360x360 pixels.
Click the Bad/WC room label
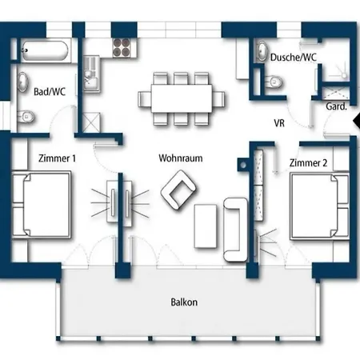(50, 92)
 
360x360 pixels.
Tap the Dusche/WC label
(294, 58)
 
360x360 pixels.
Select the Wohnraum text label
(181, 158)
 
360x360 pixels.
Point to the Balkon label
(184, 302)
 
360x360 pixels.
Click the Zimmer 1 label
(57, 158)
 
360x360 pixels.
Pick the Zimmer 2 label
(308, 162)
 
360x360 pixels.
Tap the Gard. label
(337, 106)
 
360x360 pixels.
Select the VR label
(279, 123)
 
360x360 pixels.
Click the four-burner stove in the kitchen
(122, 48)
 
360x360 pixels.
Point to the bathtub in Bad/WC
(45, 50)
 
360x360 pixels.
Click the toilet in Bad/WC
(26, 117)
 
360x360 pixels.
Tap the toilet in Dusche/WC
(274, 82)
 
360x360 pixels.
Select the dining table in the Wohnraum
(182, 98)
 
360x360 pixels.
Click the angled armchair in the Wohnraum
(178, 190)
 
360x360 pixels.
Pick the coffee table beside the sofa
(206, 226)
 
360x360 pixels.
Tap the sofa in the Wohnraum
(235, 230)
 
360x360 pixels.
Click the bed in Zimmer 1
(42, 205)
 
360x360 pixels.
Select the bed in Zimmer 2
(320, 206)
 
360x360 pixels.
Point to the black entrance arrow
(357, 121)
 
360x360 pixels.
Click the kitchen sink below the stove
(91, 74)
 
